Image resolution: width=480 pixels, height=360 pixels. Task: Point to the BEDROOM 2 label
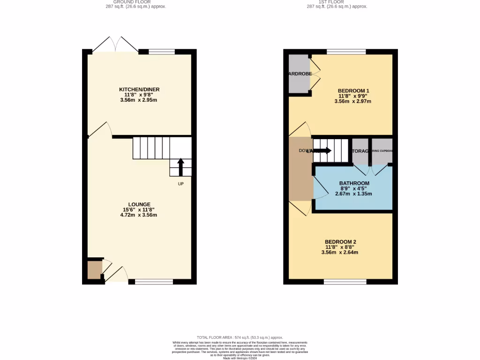341,242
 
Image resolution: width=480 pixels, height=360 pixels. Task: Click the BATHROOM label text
354,183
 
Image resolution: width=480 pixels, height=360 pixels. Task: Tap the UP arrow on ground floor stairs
180,166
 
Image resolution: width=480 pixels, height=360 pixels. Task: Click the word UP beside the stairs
180,184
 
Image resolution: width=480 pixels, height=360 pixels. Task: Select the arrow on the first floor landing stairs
324,150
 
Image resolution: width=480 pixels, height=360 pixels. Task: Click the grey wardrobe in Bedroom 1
299,74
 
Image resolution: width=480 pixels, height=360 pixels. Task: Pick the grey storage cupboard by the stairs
360,151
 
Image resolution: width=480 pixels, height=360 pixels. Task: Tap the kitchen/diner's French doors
115,45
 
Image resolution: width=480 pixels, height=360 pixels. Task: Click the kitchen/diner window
162,52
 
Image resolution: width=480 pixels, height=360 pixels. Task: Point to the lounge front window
154,281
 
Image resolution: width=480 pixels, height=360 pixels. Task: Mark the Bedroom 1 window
346,52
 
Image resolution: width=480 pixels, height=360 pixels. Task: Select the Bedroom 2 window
345,281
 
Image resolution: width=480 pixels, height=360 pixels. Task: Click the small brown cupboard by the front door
94,270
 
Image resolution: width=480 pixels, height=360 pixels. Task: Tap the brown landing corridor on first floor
300,169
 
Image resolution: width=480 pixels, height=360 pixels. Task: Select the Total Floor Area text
240,337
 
